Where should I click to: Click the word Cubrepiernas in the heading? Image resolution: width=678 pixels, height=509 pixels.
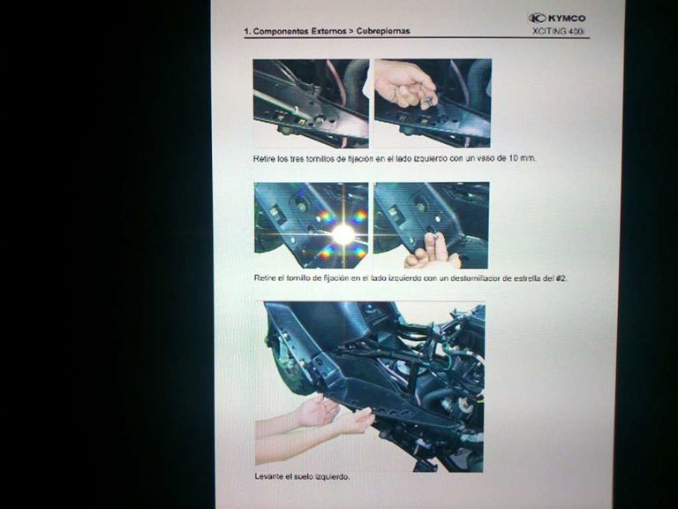383,31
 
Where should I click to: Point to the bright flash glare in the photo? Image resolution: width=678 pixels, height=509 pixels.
343,233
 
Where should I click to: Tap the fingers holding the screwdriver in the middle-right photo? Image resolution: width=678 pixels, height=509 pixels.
433,251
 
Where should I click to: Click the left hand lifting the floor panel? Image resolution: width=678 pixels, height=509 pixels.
315,411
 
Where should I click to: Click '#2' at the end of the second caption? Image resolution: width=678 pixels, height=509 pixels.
560,277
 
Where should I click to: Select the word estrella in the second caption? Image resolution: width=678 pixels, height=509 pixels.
524,277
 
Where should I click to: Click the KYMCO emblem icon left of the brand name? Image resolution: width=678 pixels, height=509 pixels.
538,18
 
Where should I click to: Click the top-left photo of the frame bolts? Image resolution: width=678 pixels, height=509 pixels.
311,103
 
